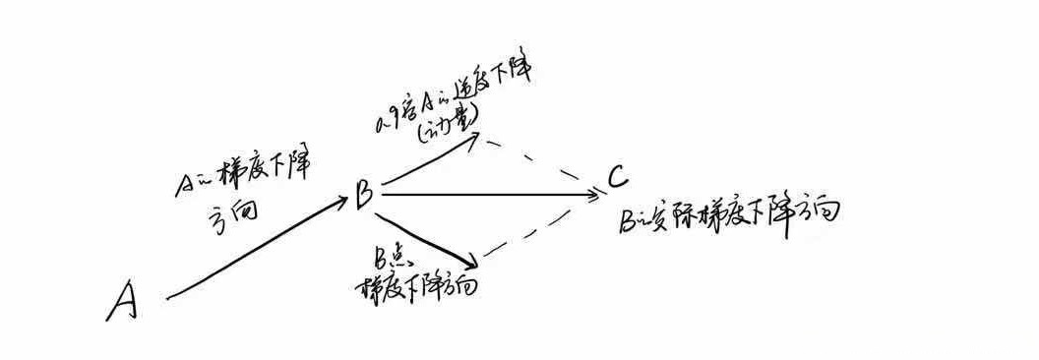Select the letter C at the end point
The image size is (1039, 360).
(x=617, y=178)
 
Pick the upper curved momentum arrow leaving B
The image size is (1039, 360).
(x=433, y=157)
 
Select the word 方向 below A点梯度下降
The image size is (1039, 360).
(x=228, y=213)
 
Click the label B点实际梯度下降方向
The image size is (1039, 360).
(x=728, y=215)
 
